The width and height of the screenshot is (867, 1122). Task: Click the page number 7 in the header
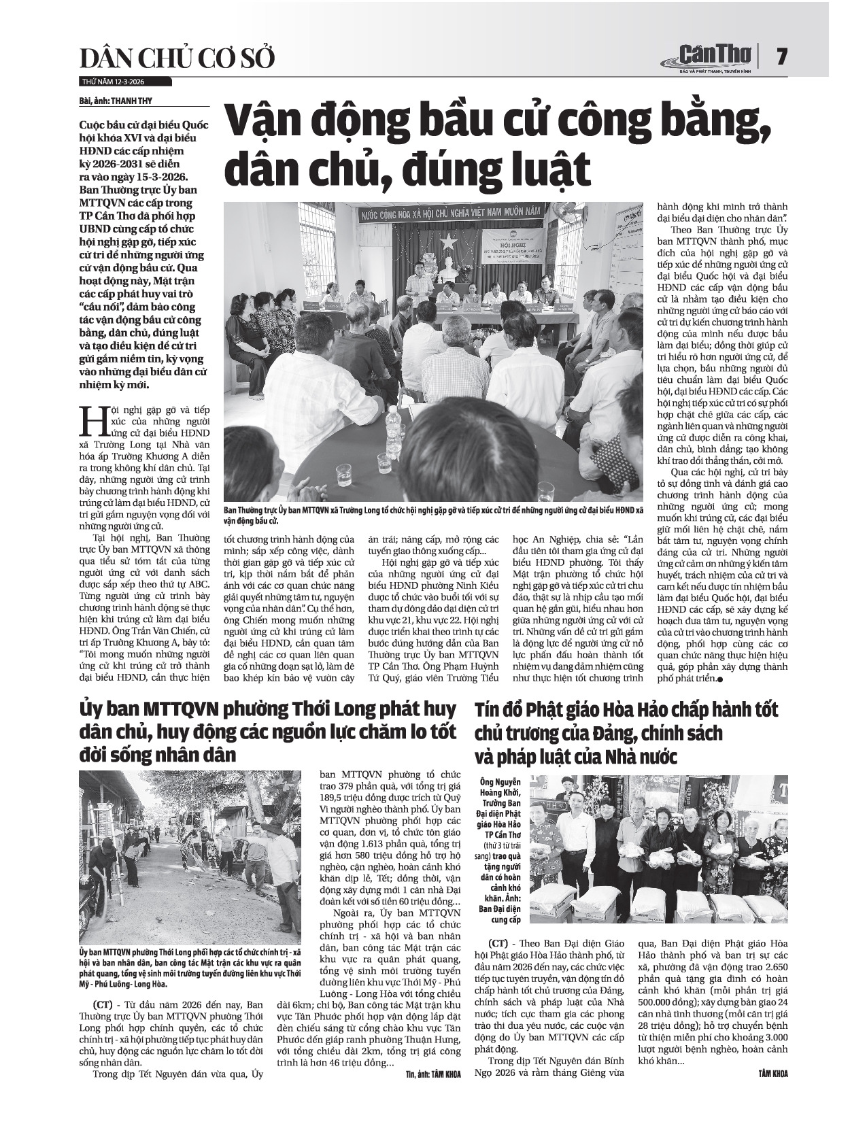pyautogui.click(x=783, y=56)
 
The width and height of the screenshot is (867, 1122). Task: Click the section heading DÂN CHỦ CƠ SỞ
pyautogui.click(x=177, y=59)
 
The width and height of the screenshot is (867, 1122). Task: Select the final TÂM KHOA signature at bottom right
pyautogui.click(x=773, y=1073)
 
